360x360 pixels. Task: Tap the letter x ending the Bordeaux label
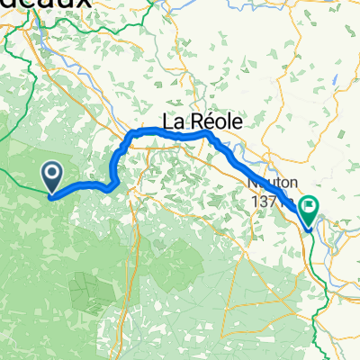(85, 4)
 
